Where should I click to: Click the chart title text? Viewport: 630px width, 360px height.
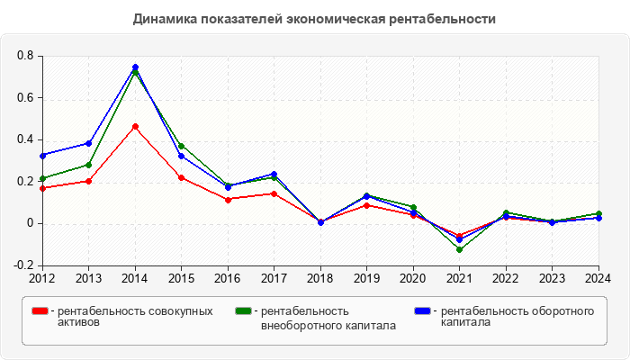click(x=314, y=19)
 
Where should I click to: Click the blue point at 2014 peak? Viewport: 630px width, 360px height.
click(x=135, y=67)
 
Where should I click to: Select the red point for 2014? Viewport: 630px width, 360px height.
click(x=135, y=127)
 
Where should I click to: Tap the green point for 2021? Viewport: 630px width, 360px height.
click(x=460, y=249)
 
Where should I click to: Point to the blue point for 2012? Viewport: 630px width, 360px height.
click(x=42, y=156)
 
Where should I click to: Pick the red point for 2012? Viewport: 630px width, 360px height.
click(x=42, y=188)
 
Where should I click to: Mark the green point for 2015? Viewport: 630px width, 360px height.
click(x=182, y=146)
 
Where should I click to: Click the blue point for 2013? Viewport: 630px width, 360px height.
click(x=89, y=143)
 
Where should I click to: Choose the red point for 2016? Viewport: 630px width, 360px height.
click(x=228, y=199)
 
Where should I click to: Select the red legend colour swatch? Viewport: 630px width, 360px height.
click(x=40, y=311)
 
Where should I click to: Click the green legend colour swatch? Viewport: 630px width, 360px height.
click(x=242, y=311)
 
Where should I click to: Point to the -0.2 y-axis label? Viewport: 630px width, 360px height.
click(x=24, y=265)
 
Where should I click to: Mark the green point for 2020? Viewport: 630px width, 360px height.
click(x=413, y=208)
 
